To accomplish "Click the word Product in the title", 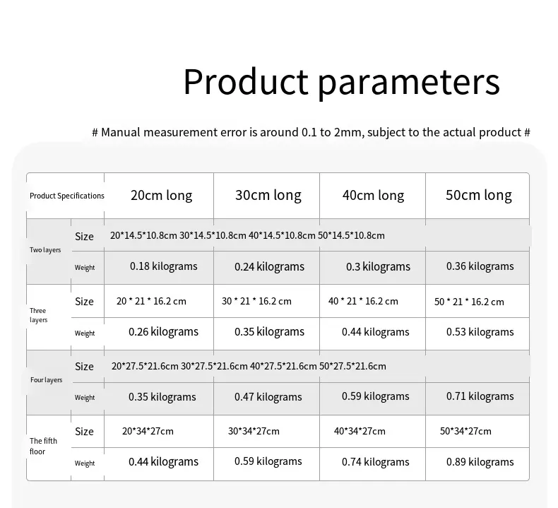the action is (x=246, y=81).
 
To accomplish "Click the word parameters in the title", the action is (x=409, y=84).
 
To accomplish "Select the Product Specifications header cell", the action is (x=67, y=196).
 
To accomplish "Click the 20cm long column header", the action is (x=162, y=196).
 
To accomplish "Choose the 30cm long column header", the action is (x=268, y=196).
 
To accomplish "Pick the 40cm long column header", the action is (x=374, y=196).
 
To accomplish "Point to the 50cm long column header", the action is (x=479, y=196).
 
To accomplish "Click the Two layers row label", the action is (x=45, y=250).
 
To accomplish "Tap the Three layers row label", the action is (x=38, y=315).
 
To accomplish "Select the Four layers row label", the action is (x=46, y=380).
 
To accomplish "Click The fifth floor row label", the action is (x=43, y=446).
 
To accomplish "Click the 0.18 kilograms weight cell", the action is (x=164, y=266).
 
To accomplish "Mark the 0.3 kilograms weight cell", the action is (x=379, y=266).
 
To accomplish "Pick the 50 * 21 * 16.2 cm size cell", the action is (x=469, y=302).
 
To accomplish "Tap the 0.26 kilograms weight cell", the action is (x=163, y=332).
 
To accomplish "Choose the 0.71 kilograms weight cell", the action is (x=480, y=396).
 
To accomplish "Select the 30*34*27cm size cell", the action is (x=254, y=431).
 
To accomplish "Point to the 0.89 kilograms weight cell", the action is (x=480, y=462).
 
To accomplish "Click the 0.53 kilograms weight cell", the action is (x=480, y=332).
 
